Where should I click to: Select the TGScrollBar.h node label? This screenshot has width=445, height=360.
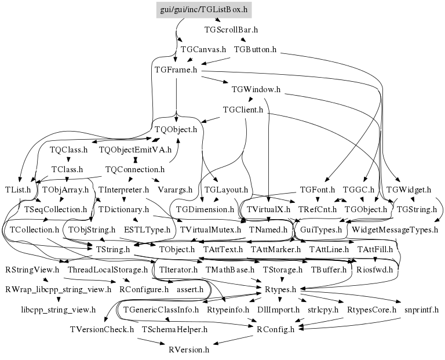(x=231, y=29)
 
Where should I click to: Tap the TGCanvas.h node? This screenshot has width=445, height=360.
(x=203, y=50)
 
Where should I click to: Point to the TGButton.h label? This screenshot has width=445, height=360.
(x=255, y=50)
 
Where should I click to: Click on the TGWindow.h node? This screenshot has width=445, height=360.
(x=256, y=90)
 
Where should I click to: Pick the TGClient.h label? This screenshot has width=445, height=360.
(x=243, y=110)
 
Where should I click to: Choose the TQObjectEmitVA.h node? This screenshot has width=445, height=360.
(x=136, y=150)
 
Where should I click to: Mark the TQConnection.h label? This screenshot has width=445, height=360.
(x=136, y=170)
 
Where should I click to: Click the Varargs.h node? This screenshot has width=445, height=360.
(x=173, y=190)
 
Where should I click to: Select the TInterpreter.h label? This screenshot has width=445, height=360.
(x=125, y=190)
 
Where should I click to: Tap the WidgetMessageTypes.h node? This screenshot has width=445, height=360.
(x=395, y=230)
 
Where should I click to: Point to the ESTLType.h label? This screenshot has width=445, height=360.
(x=147, y=230)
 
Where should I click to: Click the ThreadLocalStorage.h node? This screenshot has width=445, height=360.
(x=108, y=270)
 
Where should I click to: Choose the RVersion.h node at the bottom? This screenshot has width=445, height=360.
(x=189, y=350)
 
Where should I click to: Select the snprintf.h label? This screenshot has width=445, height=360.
(x=422, y=310)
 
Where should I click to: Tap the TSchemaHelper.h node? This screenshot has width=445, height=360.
(x=174, y=329)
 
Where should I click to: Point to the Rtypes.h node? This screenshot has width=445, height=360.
(x=280, y=289)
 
